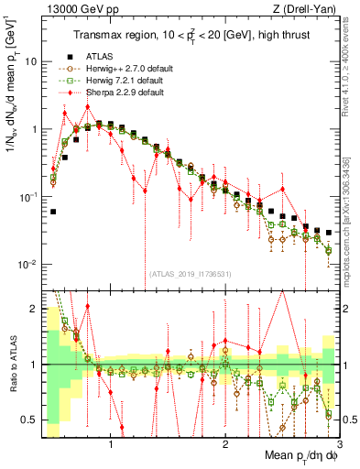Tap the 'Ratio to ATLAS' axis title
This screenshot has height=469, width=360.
coord(13,364)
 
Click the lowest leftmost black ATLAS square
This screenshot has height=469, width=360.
coord(53,212)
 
